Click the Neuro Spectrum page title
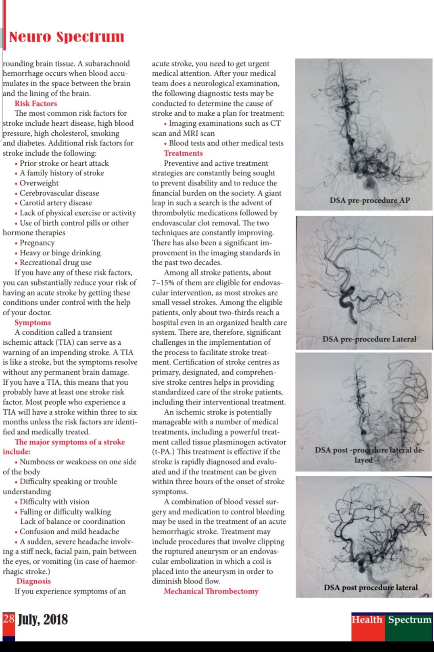[67, 37]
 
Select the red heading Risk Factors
[35, 103]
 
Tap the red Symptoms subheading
[33, 323]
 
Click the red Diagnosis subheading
[33, 581]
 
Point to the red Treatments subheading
[183, 153]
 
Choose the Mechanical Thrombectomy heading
[211, 591]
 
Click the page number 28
[8, 619]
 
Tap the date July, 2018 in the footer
[43, 619]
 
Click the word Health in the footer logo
[367, 619]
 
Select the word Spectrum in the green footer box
[409, 619]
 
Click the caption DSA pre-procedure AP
[369, 200]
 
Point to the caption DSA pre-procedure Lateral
[369, 339]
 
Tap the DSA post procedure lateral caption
[371, 587]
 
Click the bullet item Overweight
[39, 183]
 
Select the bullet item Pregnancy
[37, 243]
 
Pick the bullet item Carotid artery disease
[56, 203]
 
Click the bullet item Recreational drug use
[56, 262]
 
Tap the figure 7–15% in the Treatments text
[165, 283]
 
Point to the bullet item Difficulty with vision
[54, 502]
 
